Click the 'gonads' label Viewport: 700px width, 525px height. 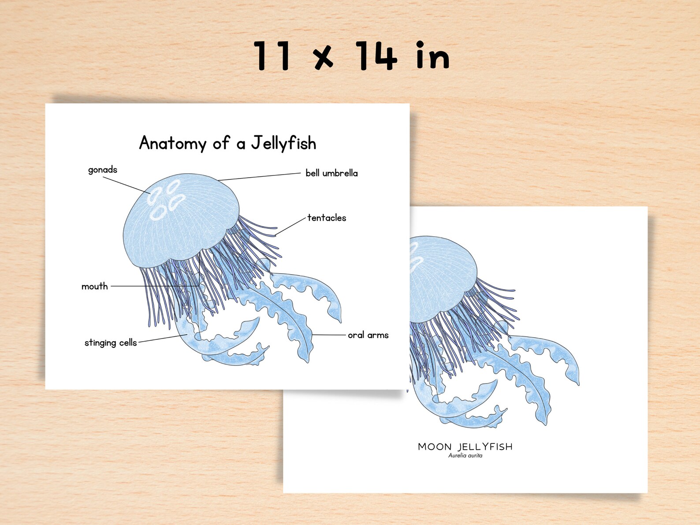point(102,170)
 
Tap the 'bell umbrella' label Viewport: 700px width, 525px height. point(331,173)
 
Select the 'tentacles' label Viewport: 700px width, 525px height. point(327,218)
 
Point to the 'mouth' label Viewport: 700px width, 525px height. point(95,287)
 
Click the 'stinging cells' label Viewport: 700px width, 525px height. point(111,343)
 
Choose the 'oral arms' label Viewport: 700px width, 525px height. point(368,335)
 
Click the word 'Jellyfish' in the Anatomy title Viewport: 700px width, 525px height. point(284,143)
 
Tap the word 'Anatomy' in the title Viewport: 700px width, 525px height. point(173,144)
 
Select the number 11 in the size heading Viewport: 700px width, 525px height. point(272,56)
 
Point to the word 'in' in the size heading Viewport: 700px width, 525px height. point(432,56)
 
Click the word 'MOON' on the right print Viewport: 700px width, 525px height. point(435,447)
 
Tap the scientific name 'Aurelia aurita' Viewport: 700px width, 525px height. point(465,456)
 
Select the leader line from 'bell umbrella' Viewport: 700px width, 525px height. point(260,177)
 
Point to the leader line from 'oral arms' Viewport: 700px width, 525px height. point(328,335)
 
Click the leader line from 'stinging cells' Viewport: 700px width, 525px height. point(162,339)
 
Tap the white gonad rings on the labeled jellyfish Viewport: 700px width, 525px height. point(165,201)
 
